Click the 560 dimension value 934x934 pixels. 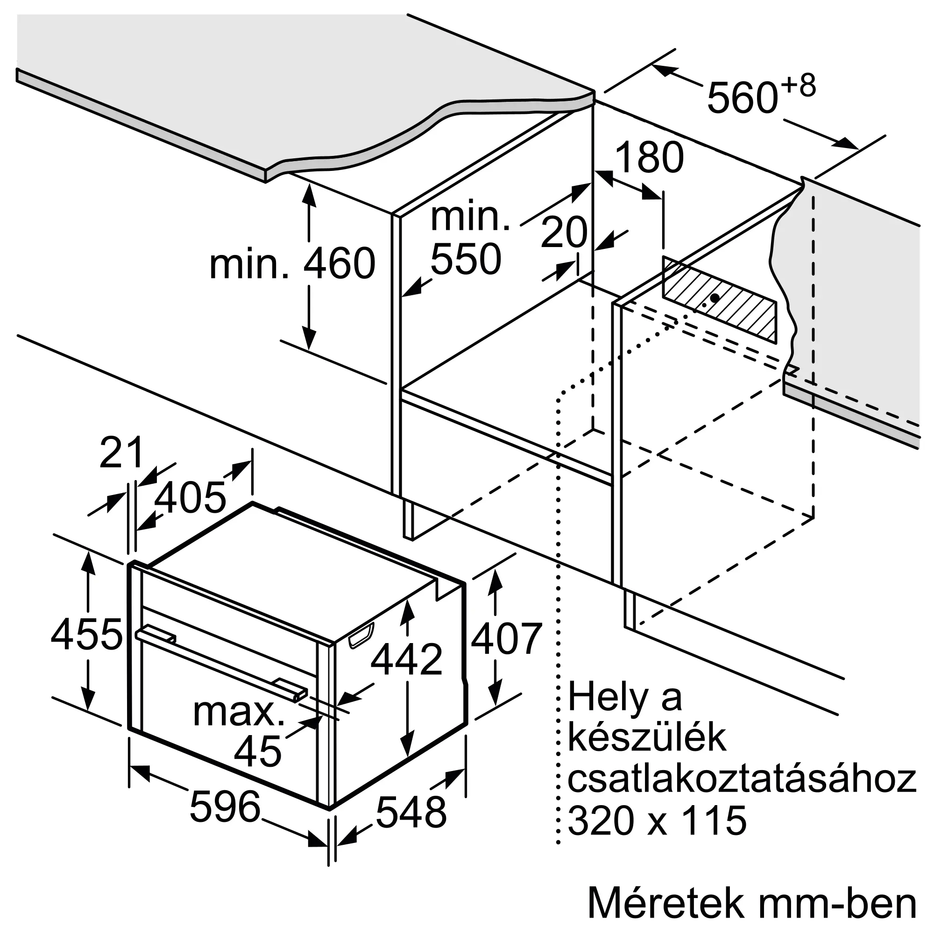click(742, 99)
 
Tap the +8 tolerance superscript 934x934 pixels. click(798, 86)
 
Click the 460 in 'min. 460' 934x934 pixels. click(339, 263)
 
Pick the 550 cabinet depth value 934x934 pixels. click(466, 259)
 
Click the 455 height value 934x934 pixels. click(86, 634)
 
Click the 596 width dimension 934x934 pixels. click(225, 806)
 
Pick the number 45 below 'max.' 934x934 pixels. click(258, 751)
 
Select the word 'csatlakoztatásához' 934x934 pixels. click(742, 778)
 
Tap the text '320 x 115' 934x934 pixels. click(657, 820)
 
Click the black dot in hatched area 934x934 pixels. click(715, 298)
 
